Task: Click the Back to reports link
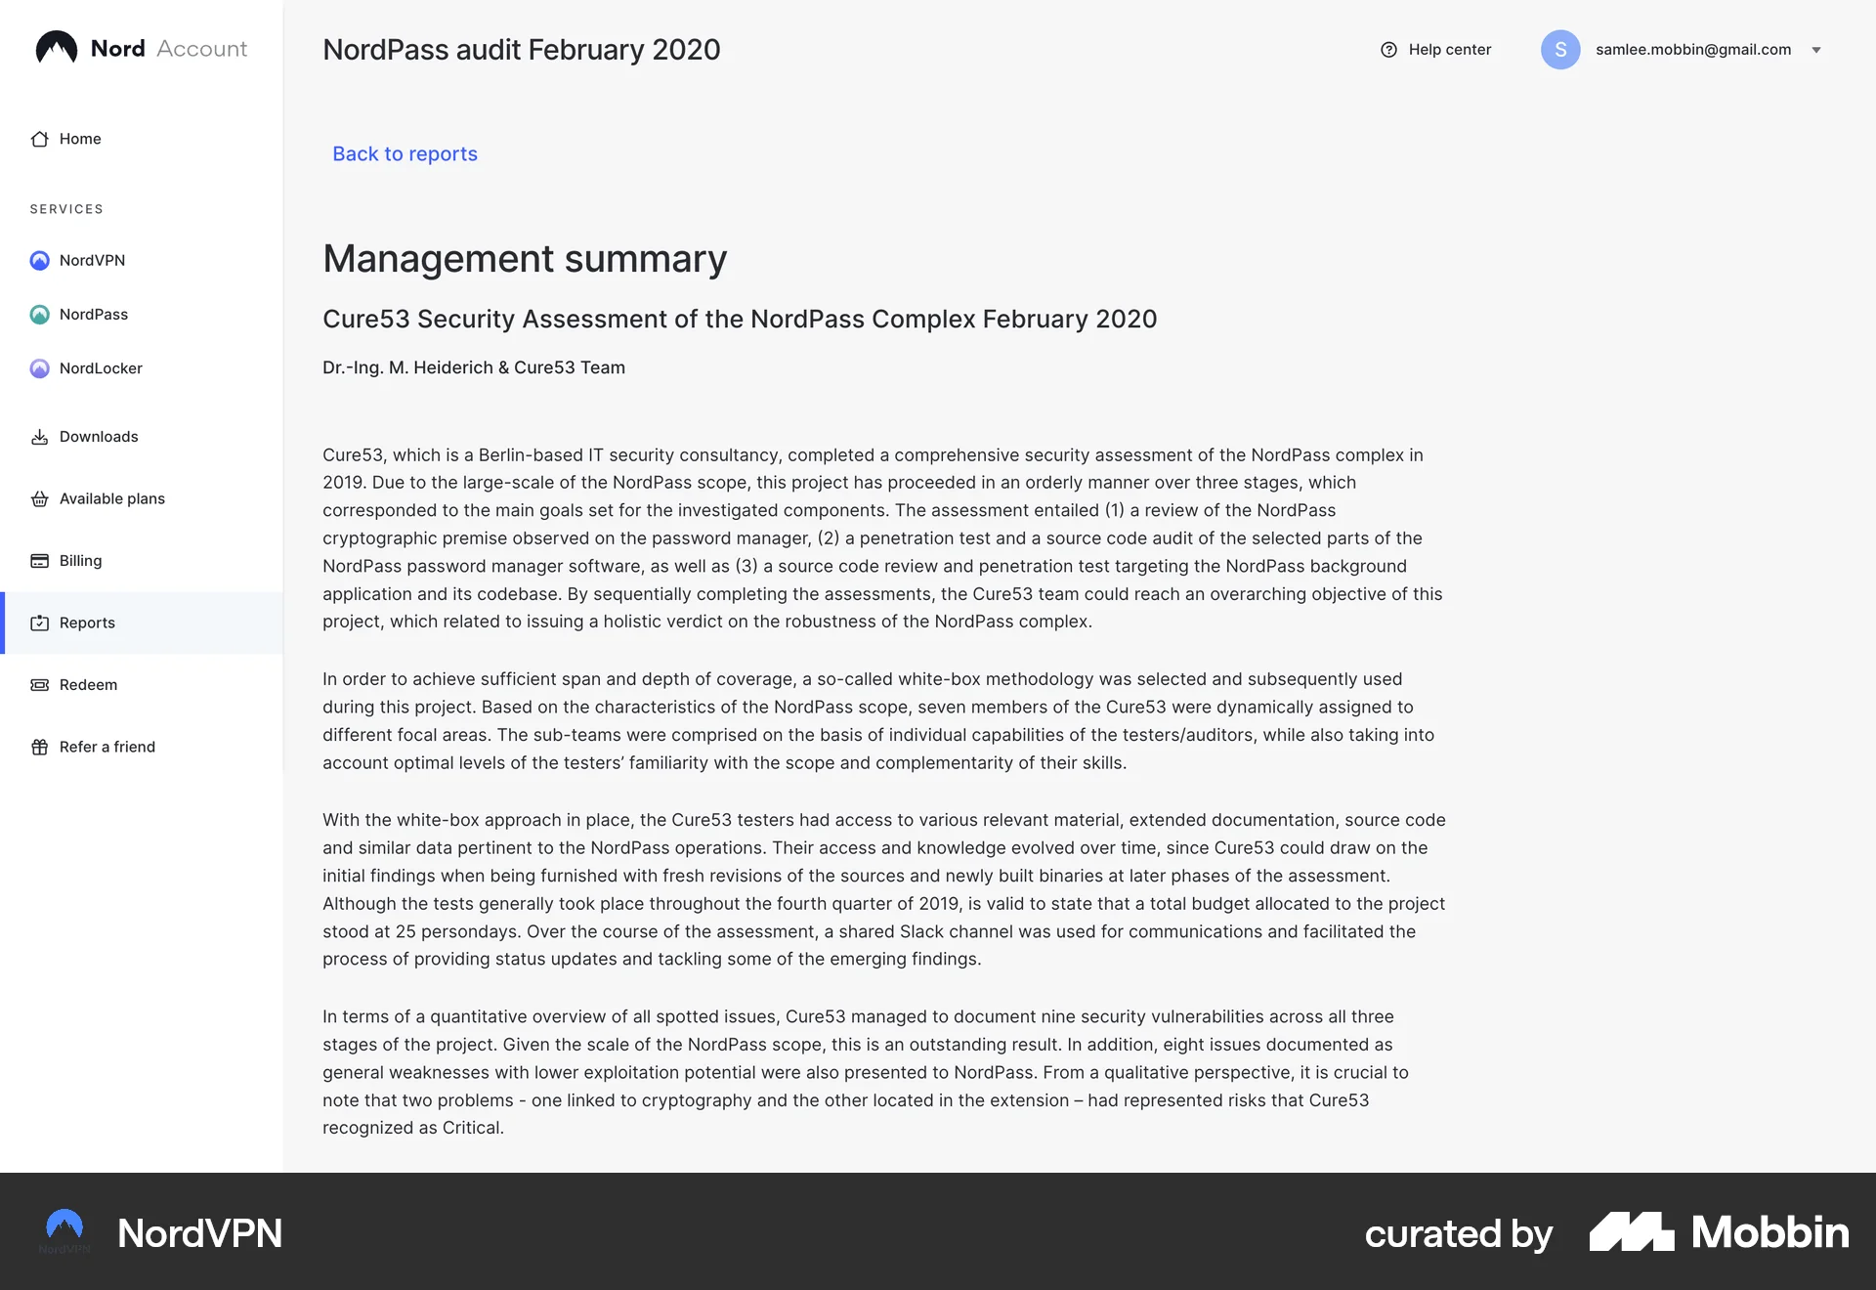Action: click(x=405, y=153)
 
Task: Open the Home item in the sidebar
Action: click(x=79, y=139)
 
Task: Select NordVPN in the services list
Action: click(x=92, y=260)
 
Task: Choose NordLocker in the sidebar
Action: click(x=101, y=368)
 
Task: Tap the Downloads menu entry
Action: click(x=98, y=437)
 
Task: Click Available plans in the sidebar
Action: click(x=111, y=498)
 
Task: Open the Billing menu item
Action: click(x=80, y=561)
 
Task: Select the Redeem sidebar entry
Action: click(x=88, y=685)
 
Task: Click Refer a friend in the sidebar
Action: click(x=107, y=747)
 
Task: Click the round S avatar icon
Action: click(x=1560, y=50)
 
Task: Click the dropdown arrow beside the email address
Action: click(x=1816, y=51)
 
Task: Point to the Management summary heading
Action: click(x=525, y=259)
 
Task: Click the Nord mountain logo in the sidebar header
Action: click(x=57, y=48)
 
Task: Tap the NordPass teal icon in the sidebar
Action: click(x=40, y=315)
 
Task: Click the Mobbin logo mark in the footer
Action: click(x=1631, y=1232)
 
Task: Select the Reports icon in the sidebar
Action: click(x=40, y=623)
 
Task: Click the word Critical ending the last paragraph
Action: click(x=472, y=1128)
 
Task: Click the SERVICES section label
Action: click(x=66, y=209)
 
